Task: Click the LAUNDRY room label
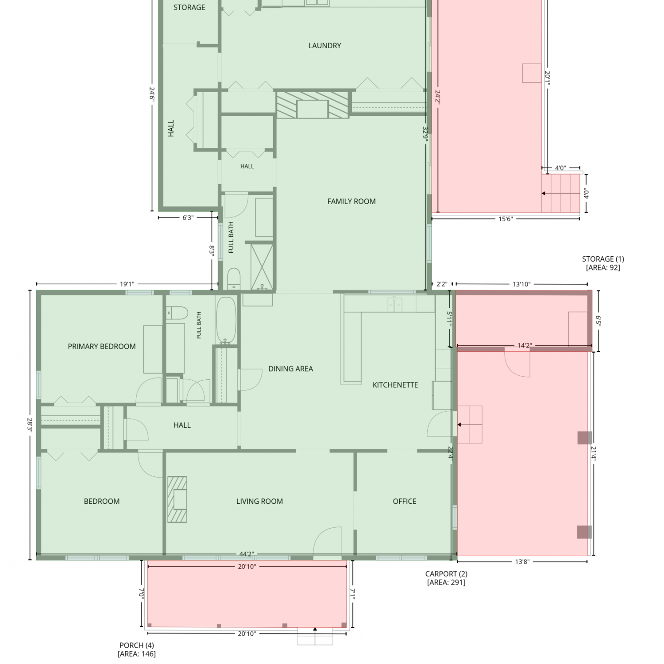(x=324, y=46)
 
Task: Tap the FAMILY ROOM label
(x=351, y=201)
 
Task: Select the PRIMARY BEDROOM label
(x=102, y=347)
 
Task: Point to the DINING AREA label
(x=290, y=369)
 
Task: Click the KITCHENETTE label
(x=395, y=385)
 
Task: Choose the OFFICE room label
(x=405, y=502)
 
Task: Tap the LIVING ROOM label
(x=259, y=502)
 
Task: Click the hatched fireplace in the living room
(x=177, y=499)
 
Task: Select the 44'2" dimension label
(x=247, y=554)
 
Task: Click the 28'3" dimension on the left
(x=30, y=425)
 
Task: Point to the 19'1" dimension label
(x=127, y=284)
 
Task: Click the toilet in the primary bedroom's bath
(x=177, y=313)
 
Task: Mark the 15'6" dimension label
(x=506, y=219)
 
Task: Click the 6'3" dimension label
(x=188, y=218)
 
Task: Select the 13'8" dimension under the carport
(x=522, y=562)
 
